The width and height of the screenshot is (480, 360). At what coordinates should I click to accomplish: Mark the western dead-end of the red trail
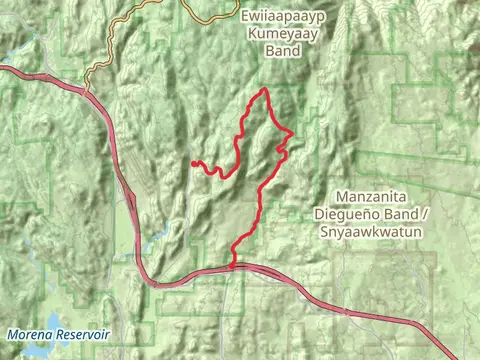tap(192, 162)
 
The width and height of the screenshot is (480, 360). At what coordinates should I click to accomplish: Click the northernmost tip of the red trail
tap(265, 91)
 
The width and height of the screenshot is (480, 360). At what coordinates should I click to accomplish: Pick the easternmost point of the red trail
tap(291, 132)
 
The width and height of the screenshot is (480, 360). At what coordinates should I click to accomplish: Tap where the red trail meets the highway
tap(233, 267)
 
